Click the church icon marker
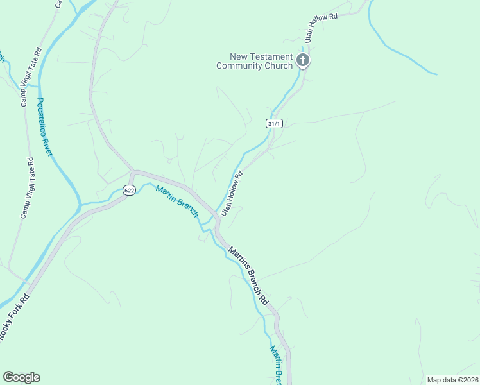point(303,61)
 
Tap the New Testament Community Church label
point(255,61)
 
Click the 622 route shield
point(129,191)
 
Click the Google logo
point(21,377)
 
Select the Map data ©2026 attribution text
point(452,380)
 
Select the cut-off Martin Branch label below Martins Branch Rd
point(275,363)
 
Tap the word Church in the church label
point(279,65)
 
